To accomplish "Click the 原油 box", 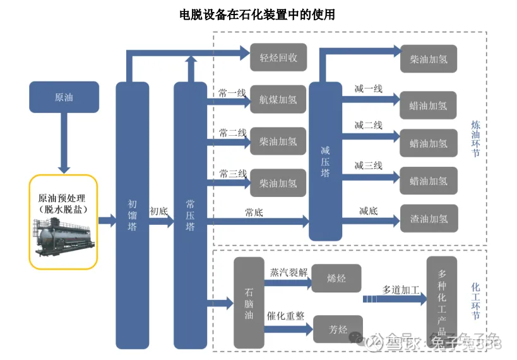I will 64,97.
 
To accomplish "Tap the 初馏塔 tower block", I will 132,215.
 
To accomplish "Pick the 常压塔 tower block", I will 190,215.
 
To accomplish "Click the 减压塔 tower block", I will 325,161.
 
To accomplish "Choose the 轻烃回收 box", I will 278,57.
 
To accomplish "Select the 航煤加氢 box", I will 278,99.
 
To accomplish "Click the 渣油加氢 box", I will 428,219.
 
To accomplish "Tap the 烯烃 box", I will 337,278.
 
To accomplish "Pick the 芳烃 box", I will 338,329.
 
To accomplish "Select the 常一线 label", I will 232,93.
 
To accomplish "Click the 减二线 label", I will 368,125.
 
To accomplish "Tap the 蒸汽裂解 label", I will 288,272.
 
